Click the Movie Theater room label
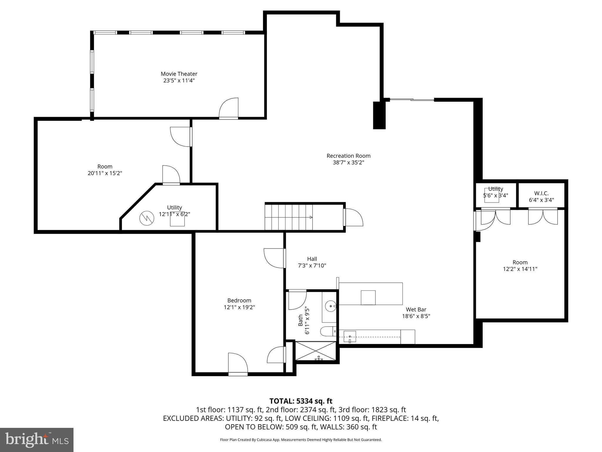[x=179, y=74]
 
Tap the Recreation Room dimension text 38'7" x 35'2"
[x=348, y=162]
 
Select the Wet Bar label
[x=416, y=310]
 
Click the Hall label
[x=312, y=259]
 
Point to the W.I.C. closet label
[x=541, y=194]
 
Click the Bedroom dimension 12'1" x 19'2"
[x=239, y=307]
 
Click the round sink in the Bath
[x=332, y=306]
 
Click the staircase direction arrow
[x=310, y=217]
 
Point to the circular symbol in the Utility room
[x=146, y=218]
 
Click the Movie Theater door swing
[x=229, y=108]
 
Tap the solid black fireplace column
[x=379, y=115]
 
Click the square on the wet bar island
[x=368, y=298]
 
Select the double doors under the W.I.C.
[x=543, y=217]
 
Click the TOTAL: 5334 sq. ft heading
[x=301, y=401]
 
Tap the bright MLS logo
[x=37, y=440]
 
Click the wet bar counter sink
[x=350, y=337]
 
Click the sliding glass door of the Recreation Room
[x=412, y=100]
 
